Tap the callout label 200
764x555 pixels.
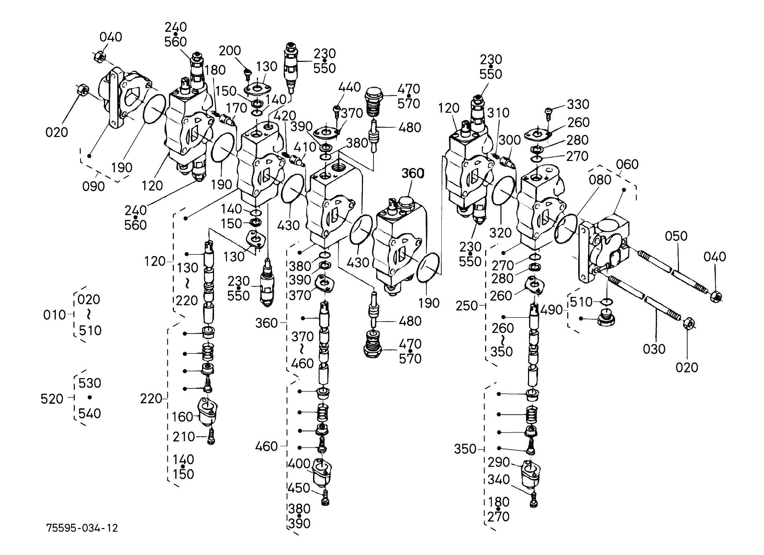click(x=230, y=51)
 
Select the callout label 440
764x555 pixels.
click(x=350, y=87)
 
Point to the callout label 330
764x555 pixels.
click(x=578, y=104)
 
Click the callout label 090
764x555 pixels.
click(x=94, y=186)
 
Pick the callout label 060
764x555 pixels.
click(x=627, y=165)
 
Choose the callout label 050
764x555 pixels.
click(x=676, y=236)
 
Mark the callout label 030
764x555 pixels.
click(x=654, y=349)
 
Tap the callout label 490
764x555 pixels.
click(x=552, y=310)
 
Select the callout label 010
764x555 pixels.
click(x=55, y=315)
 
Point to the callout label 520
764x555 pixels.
click(x=52, y=399)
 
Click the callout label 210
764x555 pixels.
click(x=183, y=437)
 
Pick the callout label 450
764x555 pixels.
click(x=299, y=488)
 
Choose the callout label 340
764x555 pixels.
click(x=498, y=480)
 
